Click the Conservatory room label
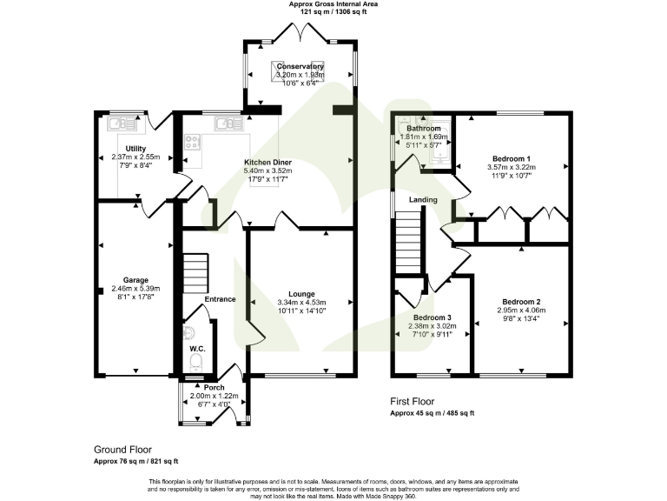tap(300, 67)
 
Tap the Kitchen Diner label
tap(267, 163)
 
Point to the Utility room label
tap(136, 149)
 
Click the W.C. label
tap(196, 348)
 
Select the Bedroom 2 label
tap(520, 301)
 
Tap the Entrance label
tap(220, 299)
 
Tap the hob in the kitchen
tap(193, 144)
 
